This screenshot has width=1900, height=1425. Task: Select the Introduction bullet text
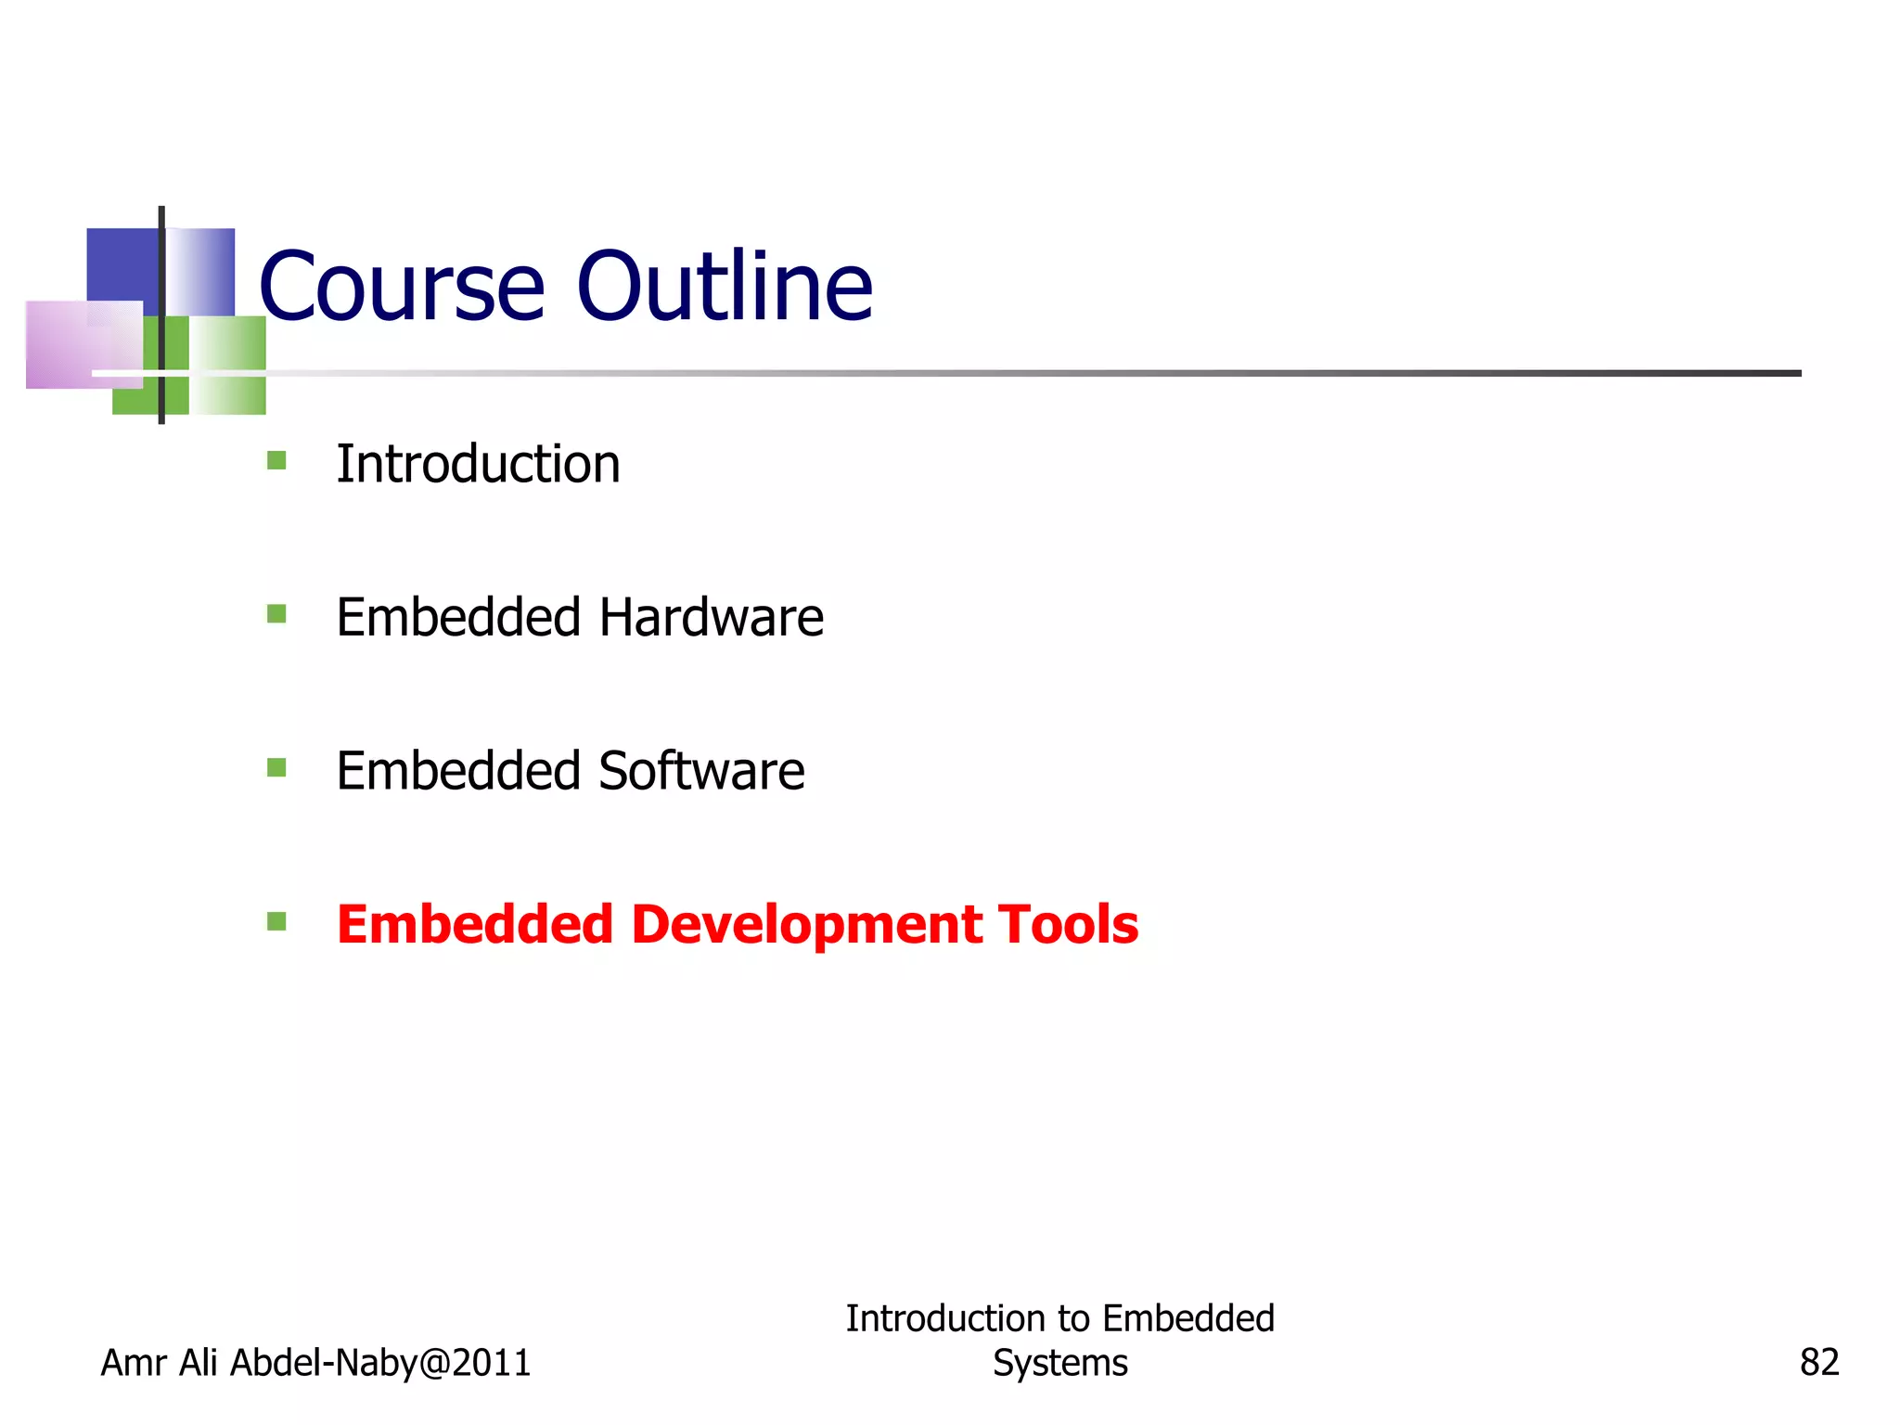coord(478,464)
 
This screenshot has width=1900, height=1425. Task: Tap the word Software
coord(701,771)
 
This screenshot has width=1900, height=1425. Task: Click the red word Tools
coord(1068,925)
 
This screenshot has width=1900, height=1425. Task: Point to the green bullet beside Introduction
coord(276,460)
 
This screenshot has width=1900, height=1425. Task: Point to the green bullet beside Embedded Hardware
coord(276,614)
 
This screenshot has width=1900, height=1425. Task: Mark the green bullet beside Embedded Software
coord(276,767)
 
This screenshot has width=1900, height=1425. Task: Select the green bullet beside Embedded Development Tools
coord(276,921)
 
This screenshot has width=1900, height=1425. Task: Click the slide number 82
coord(1818,1363)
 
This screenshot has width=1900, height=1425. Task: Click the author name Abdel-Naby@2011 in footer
coord(380,1363)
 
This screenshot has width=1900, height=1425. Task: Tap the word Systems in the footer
coord(1059,1363)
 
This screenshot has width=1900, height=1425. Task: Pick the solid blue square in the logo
coord(122,264)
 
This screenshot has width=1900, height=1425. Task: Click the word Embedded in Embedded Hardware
coord(458,618)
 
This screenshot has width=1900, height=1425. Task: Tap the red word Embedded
coord(475,925)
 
